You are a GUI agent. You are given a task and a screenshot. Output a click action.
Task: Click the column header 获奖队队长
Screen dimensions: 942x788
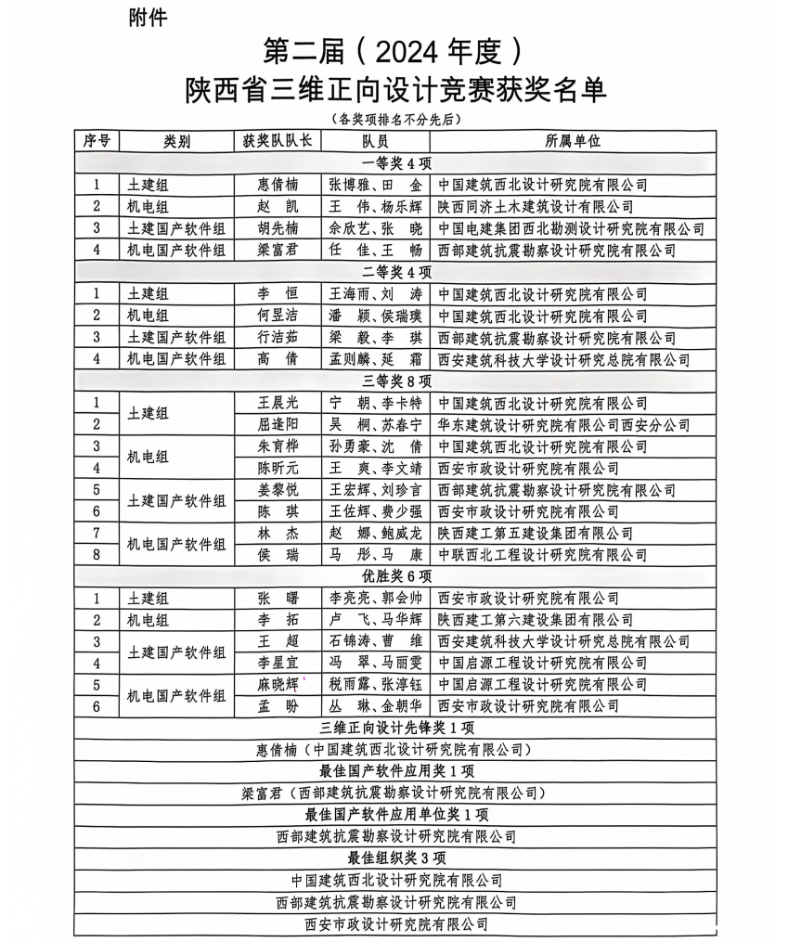click(x=277, y=141)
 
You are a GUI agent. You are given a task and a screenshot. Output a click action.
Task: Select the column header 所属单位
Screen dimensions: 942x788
click(x=573, y=141)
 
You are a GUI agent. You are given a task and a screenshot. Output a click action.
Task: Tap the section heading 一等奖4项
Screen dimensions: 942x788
click(x=396, y=163)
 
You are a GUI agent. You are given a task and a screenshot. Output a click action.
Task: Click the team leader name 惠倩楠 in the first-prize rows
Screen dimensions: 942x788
click(x=278, y=185)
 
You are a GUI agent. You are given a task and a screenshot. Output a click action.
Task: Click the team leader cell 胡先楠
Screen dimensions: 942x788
click(x=278, y=228)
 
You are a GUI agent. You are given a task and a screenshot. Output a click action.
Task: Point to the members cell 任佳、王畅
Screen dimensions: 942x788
click(x=375, y=250)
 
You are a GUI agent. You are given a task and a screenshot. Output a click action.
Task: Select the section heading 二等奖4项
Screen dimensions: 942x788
click(x=396, y=272)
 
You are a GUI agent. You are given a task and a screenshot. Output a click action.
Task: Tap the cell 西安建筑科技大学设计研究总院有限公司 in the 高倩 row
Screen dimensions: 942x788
click(x=563, y=359)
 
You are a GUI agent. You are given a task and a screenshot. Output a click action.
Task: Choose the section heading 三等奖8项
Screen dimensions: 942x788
click(x=396, y=381)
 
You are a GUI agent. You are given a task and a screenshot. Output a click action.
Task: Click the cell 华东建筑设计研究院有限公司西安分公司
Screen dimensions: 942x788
click(x=563, y=424)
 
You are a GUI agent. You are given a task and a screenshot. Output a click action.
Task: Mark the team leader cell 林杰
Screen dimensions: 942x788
click(x=278, y=533)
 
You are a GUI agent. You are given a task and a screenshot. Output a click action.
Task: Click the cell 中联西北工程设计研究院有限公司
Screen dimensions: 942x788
click(x=542, y=554)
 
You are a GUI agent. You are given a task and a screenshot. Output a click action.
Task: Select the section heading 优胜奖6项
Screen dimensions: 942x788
click(x=396, y=575)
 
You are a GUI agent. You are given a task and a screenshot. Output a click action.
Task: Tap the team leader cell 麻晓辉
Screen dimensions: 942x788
click(x=278, y=684)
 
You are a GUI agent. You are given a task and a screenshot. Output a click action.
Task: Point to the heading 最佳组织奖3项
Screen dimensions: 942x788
click(x=396, y=858)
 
